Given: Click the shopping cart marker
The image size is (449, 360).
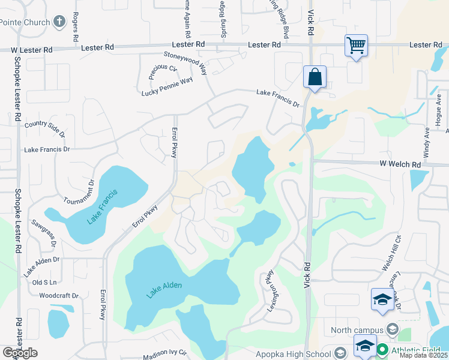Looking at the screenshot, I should [x=356, y=45].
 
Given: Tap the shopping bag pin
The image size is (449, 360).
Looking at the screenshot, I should [x=315, y=77].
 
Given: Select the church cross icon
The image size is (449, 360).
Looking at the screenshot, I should [x=59, y=22].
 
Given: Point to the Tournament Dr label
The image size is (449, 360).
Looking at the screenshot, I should [x=83, y=191].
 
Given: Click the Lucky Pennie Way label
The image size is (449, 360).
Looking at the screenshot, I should [x=167, y=86].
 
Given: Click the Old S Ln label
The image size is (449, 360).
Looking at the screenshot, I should [x=44, y=282].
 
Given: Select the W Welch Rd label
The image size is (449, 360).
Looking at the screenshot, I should [x=400, y=164].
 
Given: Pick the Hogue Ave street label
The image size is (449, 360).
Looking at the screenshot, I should [x=438, y=107].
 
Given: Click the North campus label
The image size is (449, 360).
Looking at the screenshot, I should [x=357, y=329].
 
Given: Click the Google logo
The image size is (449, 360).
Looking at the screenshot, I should [x=20, y=353].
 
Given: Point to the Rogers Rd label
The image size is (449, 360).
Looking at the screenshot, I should [x=76, y=26].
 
